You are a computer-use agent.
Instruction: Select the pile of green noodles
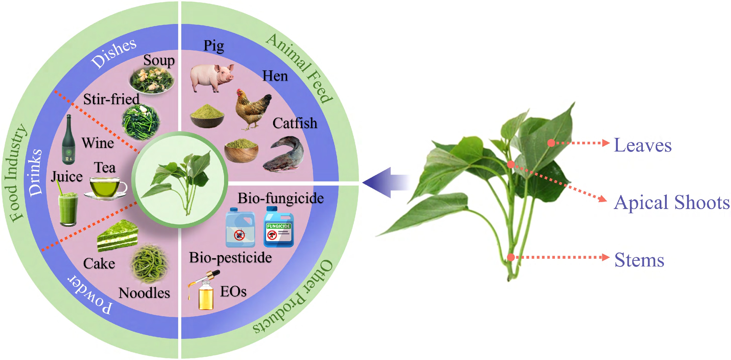(x=150, y=264)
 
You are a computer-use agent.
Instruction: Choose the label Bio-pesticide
(x=231, y=258)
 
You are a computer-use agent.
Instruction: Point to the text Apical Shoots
(x=671, y=203)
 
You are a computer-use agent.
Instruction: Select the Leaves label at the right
(x=643, y=145)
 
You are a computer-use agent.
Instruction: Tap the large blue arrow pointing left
(x=386, y=182)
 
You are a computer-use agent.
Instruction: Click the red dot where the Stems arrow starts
(x=511, y=257)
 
